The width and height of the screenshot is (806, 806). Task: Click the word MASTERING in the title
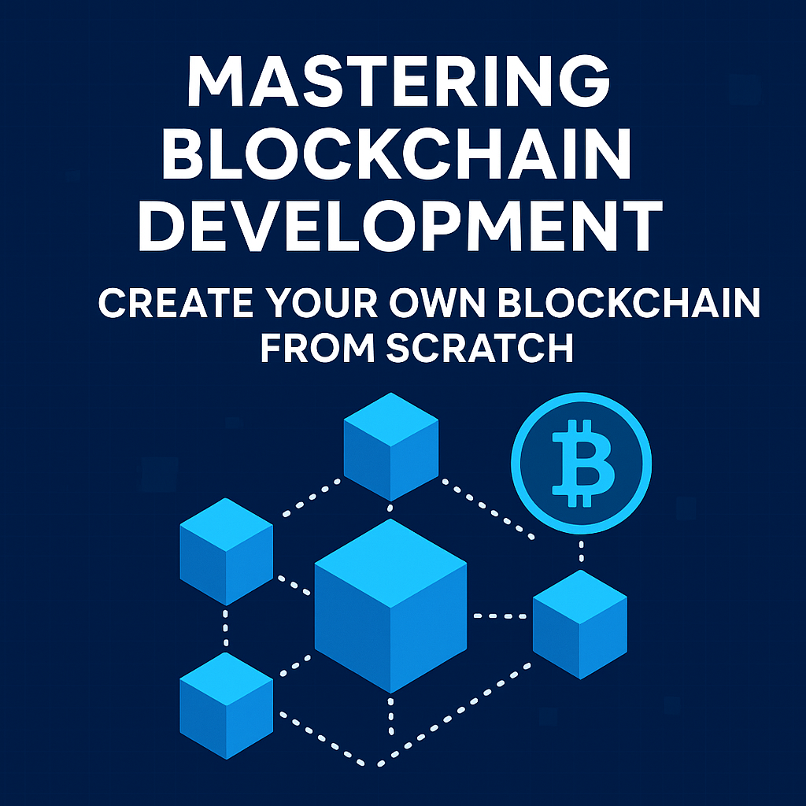tap(399, 81)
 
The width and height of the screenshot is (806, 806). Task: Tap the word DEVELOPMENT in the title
tap(401, 225)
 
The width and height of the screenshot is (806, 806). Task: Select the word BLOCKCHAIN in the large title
tap(397, 153)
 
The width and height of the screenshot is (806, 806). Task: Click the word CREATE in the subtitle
tap(176, 303)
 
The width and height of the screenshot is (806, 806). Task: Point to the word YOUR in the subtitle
tap(323, 303)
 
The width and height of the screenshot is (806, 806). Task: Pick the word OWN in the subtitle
tap(438, 303)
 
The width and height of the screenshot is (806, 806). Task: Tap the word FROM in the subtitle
tap(318, 348)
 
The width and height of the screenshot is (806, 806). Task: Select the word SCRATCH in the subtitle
tap(479, 348)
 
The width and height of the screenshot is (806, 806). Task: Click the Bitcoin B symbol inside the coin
tap(582, 463)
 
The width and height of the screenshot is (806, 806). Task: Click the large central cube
tap(390, 605)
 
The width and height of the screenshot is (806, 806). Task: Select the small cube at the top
tap(390, 447)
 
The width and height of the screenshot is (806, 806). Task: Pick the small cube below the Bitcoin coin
tap(580, 624)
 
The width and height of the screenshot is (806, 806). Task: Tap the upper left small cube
tap(226, 552)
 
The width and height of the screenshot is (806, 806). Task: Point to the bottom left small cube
tap(226, 706)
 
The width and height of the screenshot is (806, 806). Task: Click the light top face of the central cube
tap(390, 563)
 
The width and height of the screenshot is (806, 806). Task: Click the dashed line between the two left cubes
tap(226, 628)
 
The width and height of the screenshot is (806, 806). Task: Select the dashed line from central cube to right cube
tap(500, 616)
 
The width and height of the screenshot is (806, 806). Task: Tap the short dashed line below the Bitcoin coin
tap(582, 550)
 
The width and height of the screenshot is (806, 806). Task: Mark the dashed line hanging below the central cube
tap(390, 716)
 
